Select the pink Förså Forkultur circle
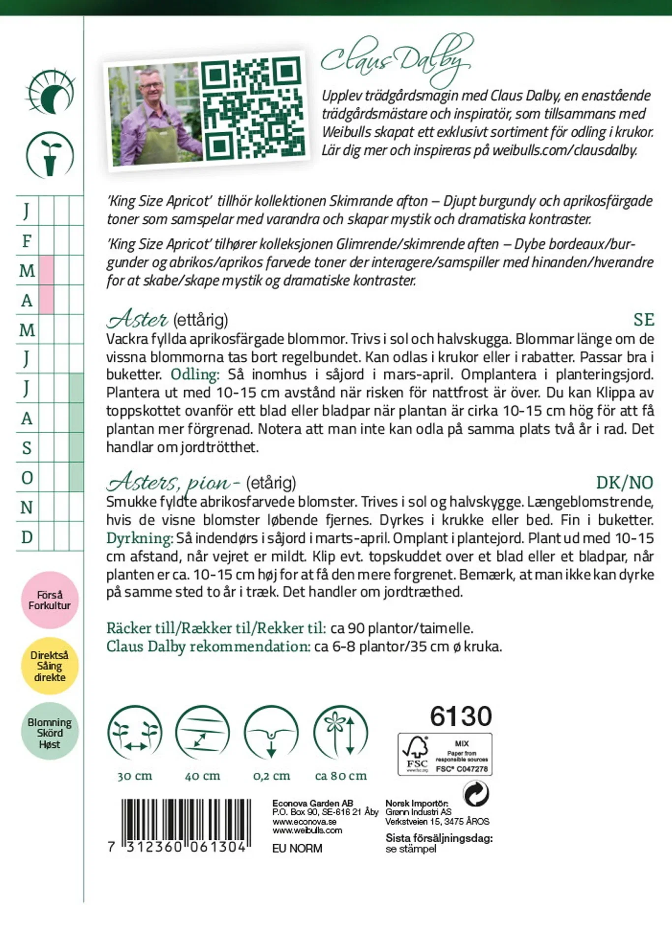50,600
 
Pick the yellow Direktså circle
50,666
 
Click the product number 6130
460,716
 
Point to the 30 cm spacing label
135,776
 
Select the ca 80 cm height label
341,776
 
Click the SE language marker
643,320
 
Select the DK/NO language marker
624,482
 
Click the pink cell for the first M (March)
46,270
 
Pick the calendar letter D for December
27,537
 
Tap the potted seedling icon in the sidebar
50,155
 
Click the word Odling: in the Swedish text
195,374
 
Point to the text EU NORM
297,848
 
